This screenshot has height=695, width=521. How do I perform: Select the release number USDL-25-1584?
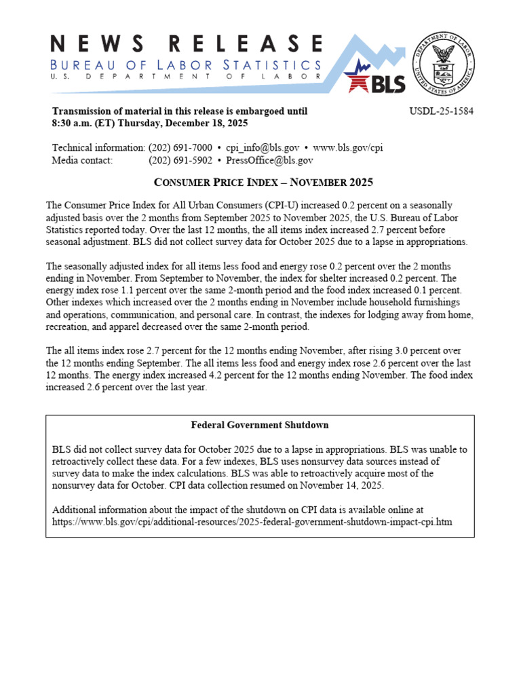[442, 111]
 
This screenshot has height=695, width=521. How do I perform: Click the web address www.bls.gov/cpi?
[348, 148]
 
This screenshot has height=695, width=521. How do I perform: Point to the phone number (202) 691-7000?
[180, 148]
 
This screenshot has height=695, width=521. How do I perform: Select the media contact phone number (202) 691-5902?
[180, 160]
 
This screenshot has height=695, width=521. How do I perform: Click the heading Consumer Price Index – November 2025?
[263, 183]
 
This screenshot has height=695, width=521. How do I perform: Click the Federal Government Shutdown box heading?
[260, 425]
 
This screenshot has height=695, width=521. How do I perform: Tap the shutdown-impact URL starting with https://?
[252, 522]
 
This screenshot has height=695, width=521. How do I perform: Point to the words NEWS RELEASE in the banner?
[185, 44]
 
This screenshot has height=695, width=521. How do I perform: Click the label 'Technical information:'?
[98, 148]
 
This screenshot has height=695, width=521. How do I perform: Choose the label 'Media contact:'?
[82, 160]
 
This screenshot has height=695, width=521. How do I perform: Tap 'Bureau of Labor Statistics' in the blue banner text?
[185, 65]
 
